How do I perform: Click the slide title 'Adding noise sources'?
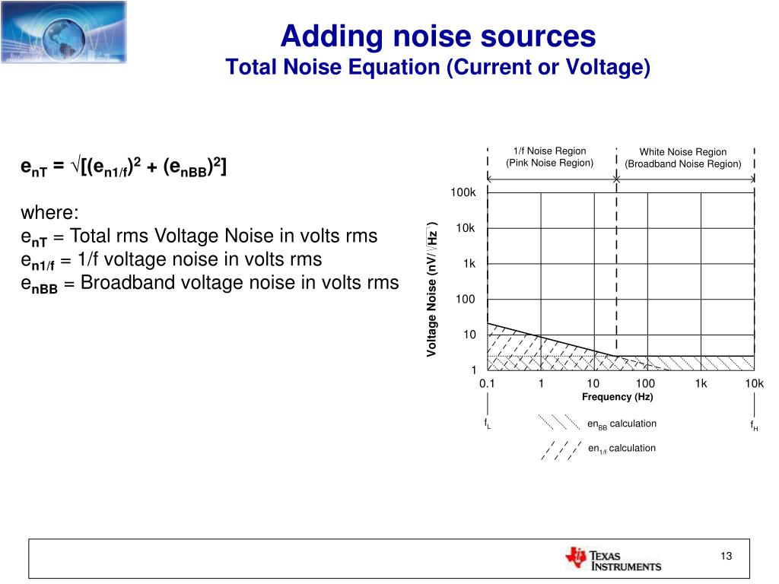click(x=437, y=36)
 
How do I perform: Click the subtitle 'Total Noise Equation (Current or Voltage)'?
click(x=437, y=68)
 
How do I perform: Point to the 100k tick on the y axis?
click(x=463, y=193)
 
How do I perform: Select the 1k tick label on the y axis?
click(x=469, y=264)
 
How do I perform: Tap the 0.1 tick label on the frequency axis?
click(x=487, y=383)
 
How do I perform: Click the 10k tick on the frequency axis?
click(x=754, y=383)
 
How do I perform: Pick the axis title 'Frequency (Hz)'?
click(x=617, y=397)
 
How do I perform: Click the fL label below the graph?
click(x=487, y=424)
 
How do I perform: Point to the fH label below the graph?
click(x=753, y=425)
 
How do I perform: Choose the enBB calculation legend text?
click(x=622, y=424)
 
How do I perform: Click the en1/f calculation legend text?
click(x=622, y=449)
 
